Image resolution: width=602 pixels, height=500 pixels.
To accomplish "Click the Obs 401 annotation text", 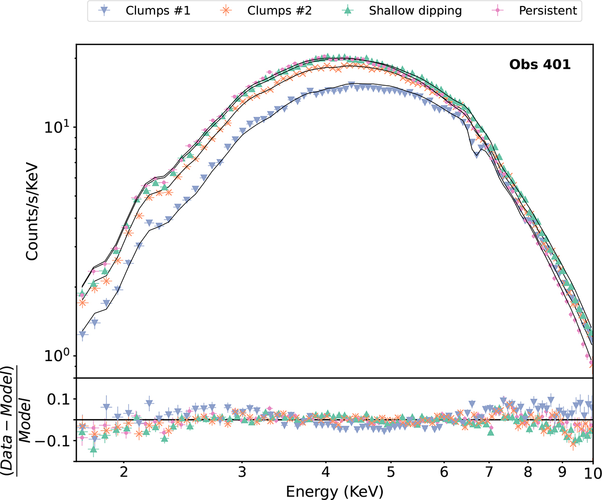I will (x=539, y=66).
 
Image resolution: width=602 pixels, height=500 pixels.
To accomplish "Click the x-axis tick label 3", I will (x=242, y=473).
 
